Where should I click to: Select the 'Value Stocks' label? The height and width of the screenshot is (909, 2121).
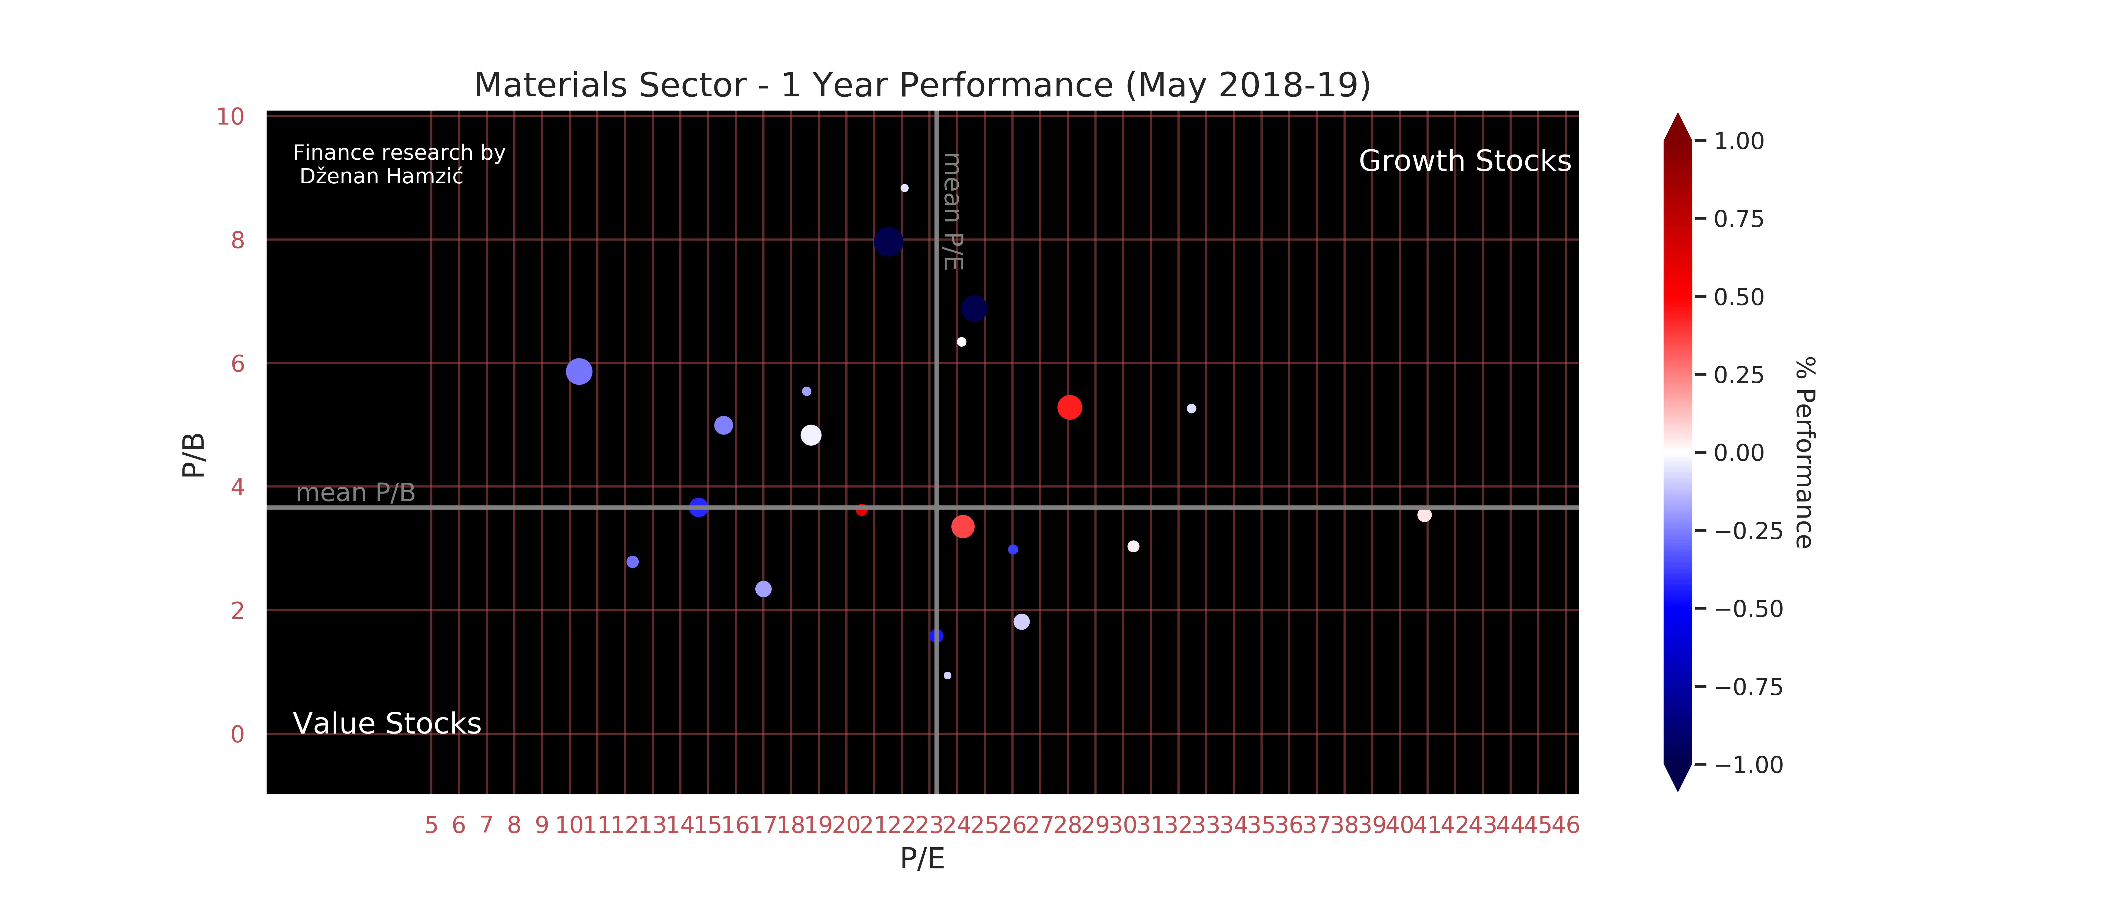(387, 724)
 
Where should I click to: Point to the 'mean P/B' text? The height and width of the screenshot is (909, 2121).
(356, 492)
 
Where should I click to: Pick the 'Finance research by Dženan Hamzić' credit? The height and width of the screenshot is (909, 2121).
(398, 165)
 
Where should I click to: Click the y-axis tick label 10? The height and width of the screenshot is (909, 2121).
(231, 117)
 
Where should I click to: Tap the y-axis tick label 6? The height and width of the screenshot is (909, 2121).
(238, 364)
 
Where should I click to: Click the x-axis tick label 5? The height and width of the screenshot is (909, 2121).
(431, 825)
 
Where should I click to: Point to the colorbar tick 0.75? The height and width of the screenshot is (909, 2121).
(1738, 219)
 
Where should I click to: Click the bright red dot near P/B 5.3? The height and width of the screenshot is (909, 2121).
(1069, 408)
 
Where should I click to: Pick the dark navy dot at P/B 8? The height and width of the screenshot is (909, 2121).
(887, 242)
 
